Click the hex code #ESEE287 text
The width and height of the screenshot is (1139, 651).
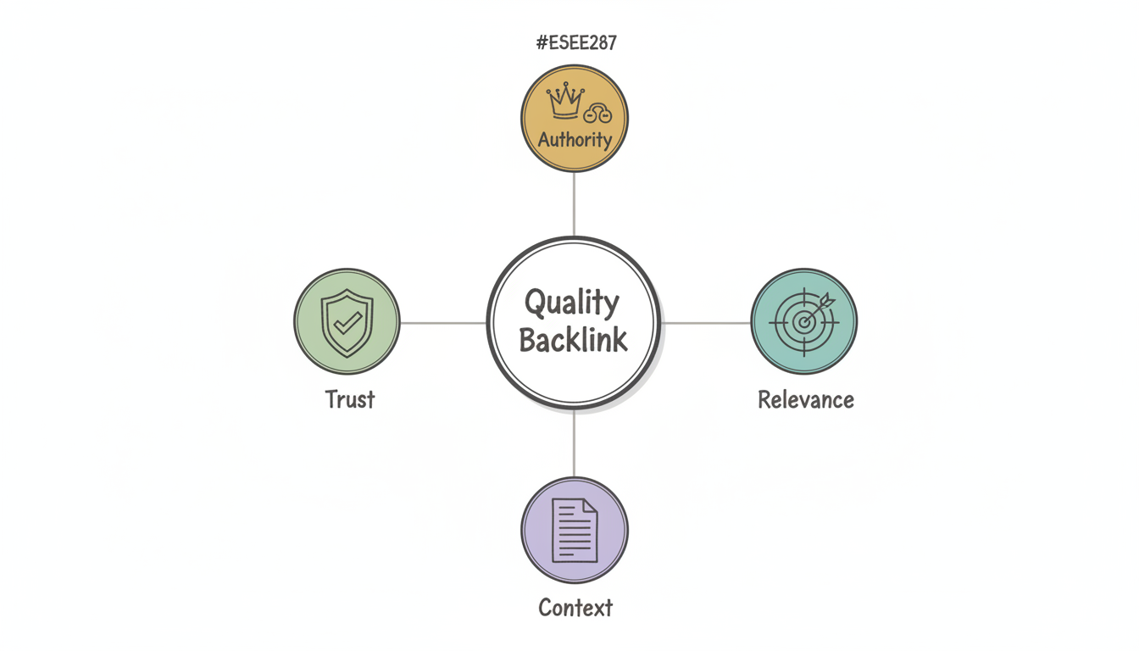575,43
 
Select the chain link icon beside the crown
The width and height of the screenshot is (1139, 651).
597,114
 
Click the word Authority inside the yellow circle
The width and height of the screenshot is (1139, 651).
575,139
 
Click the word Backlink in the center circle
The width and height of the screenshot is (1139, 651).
573,340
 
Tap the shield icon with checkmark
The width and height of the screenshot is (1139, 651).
347,322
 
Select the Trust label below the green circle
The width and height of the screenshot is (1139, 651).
349,399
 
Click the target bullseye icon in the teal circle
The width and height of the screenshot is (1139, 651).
803,322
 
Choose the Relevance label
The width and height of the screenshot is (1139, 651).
805,399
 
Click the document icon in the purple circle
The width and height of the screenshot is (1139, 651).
574,530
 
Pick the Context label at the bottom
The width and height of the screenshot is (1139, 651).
575,608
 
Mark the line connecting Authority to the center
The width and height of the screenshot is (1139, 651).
574,203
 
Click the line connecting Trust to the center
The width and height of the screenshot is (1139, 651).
442,322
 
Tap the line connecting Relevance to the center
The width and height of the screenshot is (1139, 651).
707,322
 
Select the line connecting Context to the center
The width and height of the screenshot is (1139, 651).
574,443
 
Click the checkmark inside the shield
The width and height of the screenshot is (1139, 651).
347,322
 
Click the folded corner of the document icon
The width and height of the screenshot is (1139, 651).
590,506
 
